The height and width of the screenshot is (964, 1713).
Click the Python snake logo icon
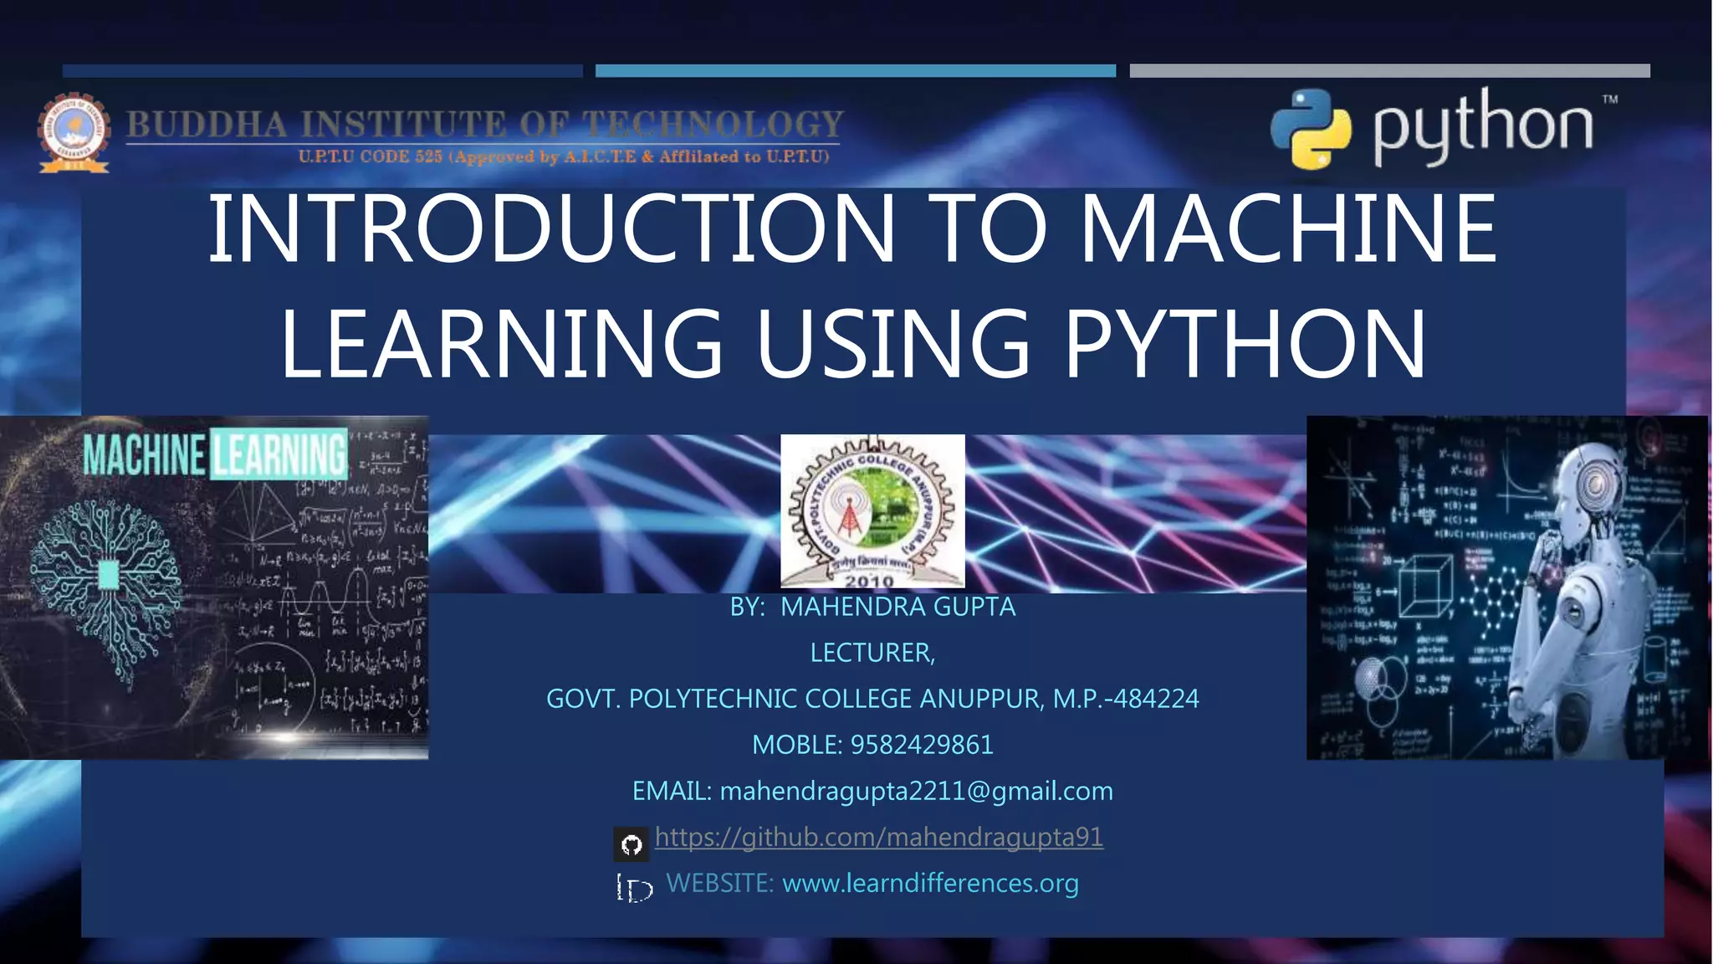tap(1311, 129)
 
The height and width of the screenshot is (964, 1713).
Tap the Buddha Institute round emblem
tap(74, 132)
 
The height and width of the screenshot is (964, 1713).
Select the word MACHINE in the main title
tap(1288, 228)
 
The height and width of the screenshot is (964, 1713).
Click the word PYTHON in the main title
tap(1245, 344)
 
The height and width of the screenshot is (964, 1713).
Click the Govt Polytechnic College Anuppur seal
tap(872, 510)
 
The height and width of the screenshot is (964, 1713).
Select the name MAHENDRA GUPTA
tap(897, 607)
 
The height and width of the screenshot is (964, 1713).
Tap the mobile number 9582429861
tap(921, 745)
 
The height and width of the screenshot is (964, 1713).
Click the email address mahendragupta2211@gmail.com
tap(916, 791)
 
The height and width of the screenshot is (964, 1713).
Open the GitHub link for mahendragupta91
tap(878, 837)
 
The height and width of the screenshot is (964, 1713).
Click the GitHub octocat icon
tap(632, 844)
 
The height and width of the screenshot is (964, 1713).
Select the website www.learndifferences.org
tap(930, 883)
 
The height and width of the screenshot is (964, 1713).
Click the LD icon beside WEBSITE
tap(634, 888)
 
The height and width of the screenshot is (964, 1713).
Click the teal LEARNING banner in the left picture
tap(279, 454)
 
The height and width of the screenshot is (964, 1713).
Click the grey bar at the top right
tap(1389, 71)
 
